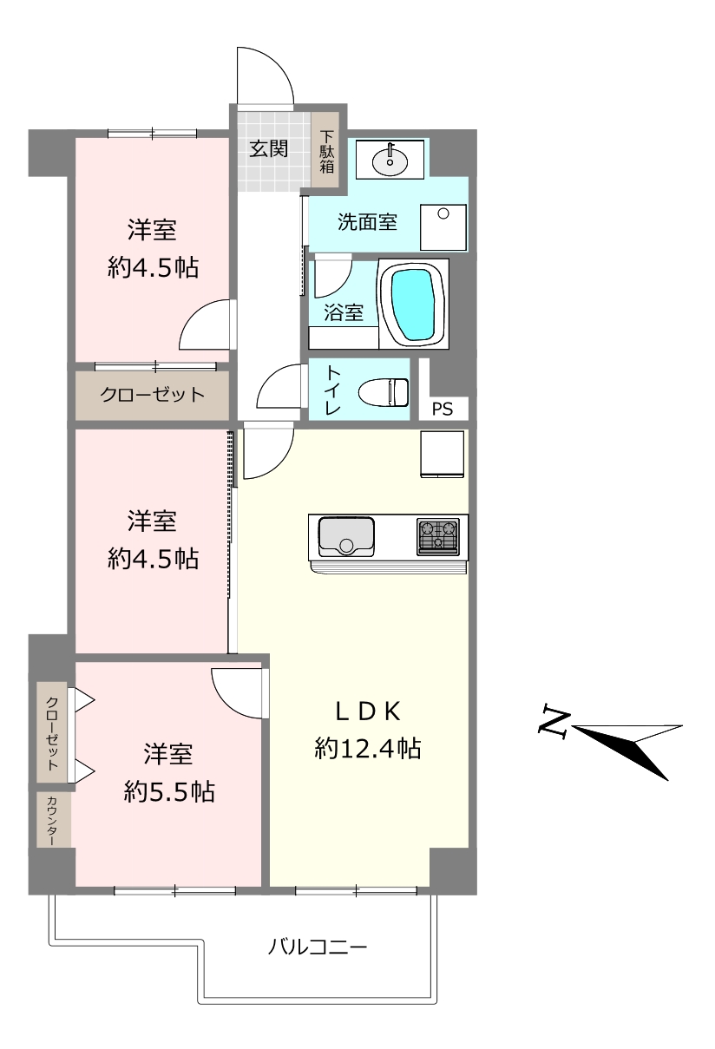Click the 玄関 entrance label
point(268,148)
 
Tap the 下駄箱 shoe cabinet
point(325,151)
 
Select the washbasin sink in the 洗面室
point(390,161)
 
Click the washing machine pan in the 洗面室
point(443,227)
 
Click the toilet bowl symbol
point(384,392)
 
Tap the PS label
point(442,410)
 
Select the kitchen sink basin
point(346,537)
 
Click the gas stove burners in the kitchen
point(438,537)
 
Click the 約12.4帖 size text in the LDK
point(368,748)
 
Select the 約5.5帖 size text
point(169,792)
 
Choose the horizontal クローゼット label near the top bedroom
point(153,395)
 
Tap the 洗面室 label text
point(368,221)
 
